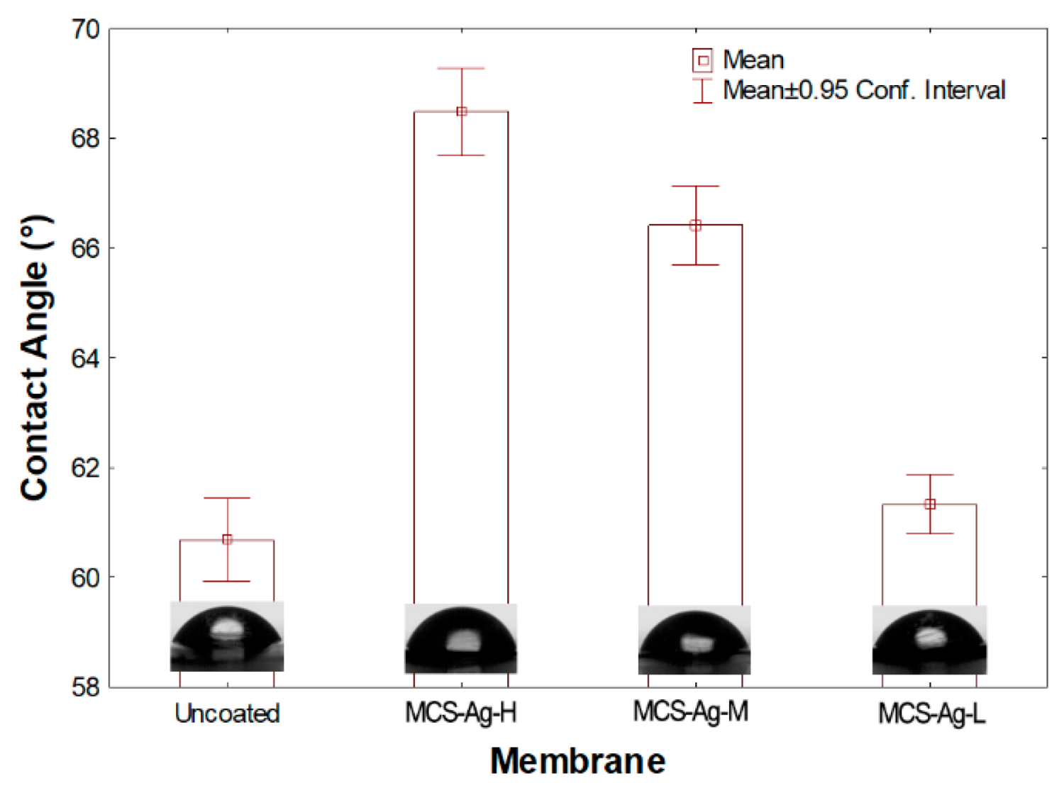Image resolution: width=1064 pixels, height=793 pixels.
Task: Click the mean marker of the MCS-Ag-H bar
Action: (x=462, y=111)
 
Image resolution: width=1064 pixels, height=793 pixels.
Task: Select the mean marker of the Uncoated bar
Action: (x=227, y=540)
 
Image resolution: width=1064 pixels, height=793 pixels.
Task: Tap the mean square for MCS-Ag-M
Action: (x=696, y=226)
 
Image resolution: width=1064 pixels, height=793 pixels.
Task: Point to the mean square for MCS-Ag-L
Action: (x=930, y=504)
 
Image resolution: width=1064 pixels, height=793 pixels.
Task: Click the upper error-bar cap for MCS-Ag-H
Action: (x=462, y=68)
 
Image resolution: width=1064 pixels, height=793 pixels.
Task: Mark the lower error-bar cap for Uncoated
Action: (x=227, y=582)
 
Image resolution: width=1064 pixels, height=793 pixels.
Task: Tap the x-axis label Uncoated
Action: (x=227, y=714)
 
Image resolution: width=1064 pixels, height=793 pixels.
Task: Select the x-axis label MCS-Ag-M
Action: (x=691, y=711)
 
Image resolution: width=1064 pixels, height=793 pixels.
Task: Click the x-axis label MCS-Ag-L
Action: (x=931, y=714)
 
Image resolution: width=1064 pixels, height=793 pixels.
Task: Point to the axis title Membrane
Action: (x=577, y=761)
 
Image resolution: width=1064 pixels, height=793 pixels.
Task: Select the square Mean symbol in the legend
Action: (x=703, y=60)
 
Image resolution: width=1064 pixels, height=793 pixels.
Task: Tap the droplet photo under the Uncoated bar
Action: (x=227, y=636)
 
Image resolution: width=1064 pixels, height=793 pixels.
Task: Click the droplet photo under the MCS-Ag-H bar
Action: (x=461, y=638)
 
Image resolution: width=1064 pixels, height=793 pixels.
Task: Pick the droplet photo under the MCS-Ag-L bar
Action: (x=929, y=640)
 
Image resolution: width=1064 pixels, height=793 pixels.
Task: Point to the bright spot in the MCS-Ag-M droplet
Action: (x=693, y=643)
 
